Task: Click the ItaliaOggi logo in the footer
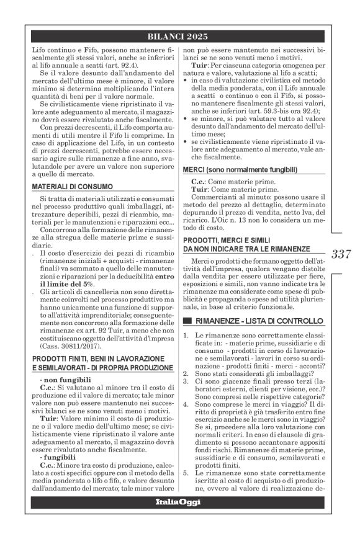coord(179,501)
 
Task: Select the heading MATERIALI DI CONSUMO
coord(72,185)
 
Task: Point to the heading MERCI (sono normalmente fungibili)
coord(240,169)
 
